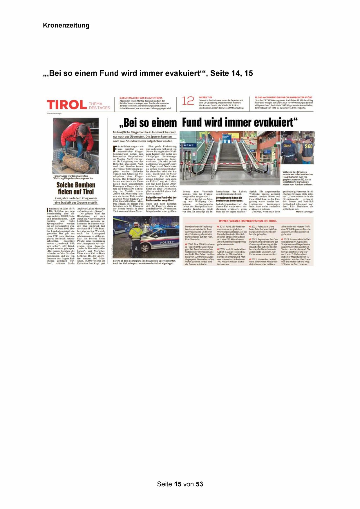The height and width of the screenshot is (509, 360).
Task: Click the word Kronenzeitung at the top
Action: tap(66, 26)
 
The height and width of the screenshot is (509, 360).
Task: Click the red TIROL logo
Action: tap(67, 105)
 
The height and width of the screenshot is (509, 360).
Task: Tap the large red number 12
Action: tap(188, 101)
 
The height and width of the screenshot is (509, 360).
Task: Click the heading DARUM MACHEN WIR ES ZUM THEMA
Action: tap(141, 98)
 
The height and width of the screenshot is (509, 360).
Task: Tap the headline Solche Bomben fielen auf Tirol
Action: tap(76, 188)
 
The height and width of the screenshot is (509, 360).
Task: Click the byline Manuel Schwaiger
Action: tap(304, 212)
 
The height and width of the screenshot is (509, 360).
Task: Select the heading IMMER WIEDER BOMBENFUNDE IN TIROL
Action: tap(248, 221)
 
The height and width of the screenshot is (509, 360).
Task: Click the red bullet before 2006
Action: tap(186, 244)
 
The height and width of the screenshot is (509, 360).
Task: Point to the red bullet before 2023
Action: tap(282, 239)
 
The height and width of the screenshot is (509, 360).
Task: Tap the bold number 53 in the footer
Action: tap(199, 484)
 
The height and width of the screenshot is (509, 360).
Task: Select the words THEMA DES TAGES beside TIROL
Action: tap(99, 106)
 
